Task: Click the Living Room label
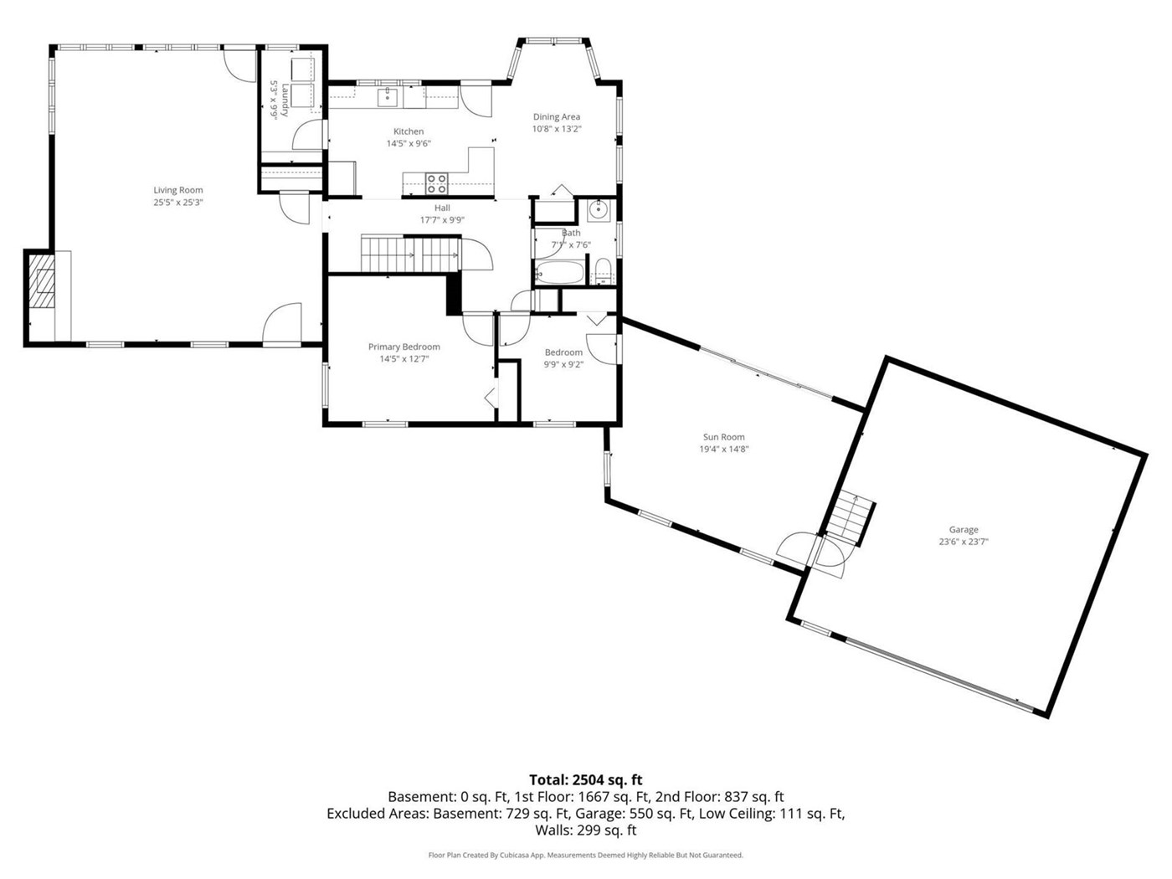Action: pos(177,190)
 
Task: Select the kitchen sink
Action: pos(388,97)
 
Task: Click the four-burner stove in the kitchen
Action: pos(436,183)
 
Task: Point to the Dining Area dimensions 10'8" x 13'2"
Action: pos(557,129)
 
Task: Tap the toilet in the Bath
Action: pos(603,271)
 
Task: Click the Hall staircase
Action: pos(410,254)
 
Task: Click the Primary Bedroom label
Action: pos(404,347)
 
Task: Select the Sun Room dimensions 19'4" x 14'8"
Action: pos(724,449)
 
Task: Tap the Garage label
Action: pos(964,529)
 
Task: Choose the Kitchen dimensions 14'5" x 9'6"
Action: pos(409,143)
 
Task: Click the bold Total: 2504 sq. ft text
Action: pos(586,779)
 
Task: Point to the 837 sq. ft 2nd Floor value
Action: pos(754,797)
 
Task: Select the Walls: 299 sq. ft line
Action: pos(586,830)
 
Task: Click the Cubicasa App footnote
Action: pos(586,855)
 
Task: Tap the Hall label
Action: pos(442,208)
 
